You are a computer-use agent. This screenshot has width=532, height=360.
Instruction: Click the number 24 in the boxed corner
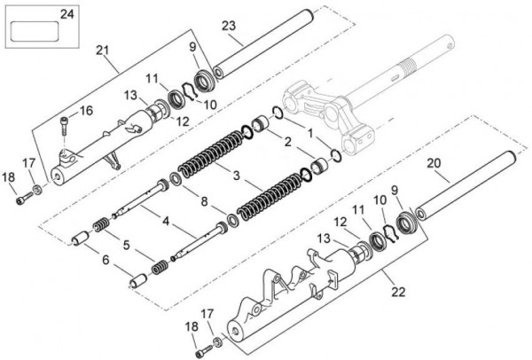[66, 14]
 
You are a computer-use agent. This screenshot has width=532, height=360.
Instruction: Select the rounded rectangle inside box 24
[35, 31]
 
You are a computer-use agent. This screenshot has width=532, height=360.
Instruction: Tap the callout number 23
[229, 26]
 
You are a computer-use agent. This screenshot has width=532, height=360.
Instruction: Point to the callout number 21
[102, 51]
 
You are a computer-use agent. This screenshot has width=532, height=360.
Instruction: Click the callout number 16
[86, 110]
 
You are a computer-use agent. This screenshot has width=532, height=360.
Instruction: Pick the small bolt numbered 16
[64, 125]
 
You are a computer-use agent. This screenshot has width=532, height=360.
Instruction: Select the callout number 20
[434, 163]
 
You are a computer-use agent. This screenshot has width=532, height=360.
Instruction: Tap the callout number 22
[398, 292]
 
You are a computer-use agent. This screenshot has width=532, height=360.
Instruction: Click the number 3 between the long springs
[236, 176]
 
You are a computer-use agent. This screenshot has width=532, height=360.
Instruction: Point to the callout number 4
[166, 221]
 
